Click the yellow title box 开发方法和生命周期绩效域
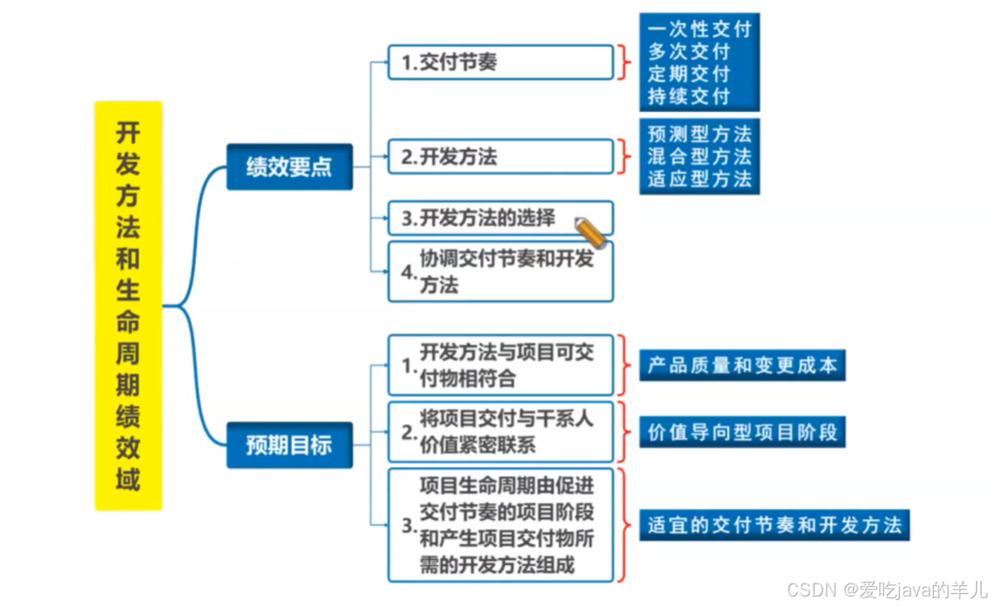click(x=129, y=305)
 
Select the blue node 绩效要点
click(x=289, y=167)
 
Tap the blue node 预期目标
click(x=289, y=445)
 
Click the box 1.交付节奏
click(x=500, y=63)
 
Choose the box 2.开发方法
click(x=500, y=156)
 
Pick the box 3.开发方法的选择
click(x=500, y=218)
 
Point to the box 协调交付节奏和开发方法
click(x=500, y=271)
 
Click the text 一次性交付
click(x=699, y=29)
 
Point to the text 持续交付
click(x=689, y=96)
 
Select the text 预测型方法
click(x=699, y=135)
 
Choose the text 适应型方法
click(x=699, y=180)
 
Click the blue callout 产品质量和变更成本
click(x=743, y=366)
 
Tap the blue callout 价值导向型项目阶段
click(x=743, y=432)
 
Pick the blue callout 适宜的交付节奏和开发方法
click(x=774, y=525)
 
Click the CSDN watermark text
click(x=886, y=590)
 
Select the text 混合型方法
click(x=699, y=157)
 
